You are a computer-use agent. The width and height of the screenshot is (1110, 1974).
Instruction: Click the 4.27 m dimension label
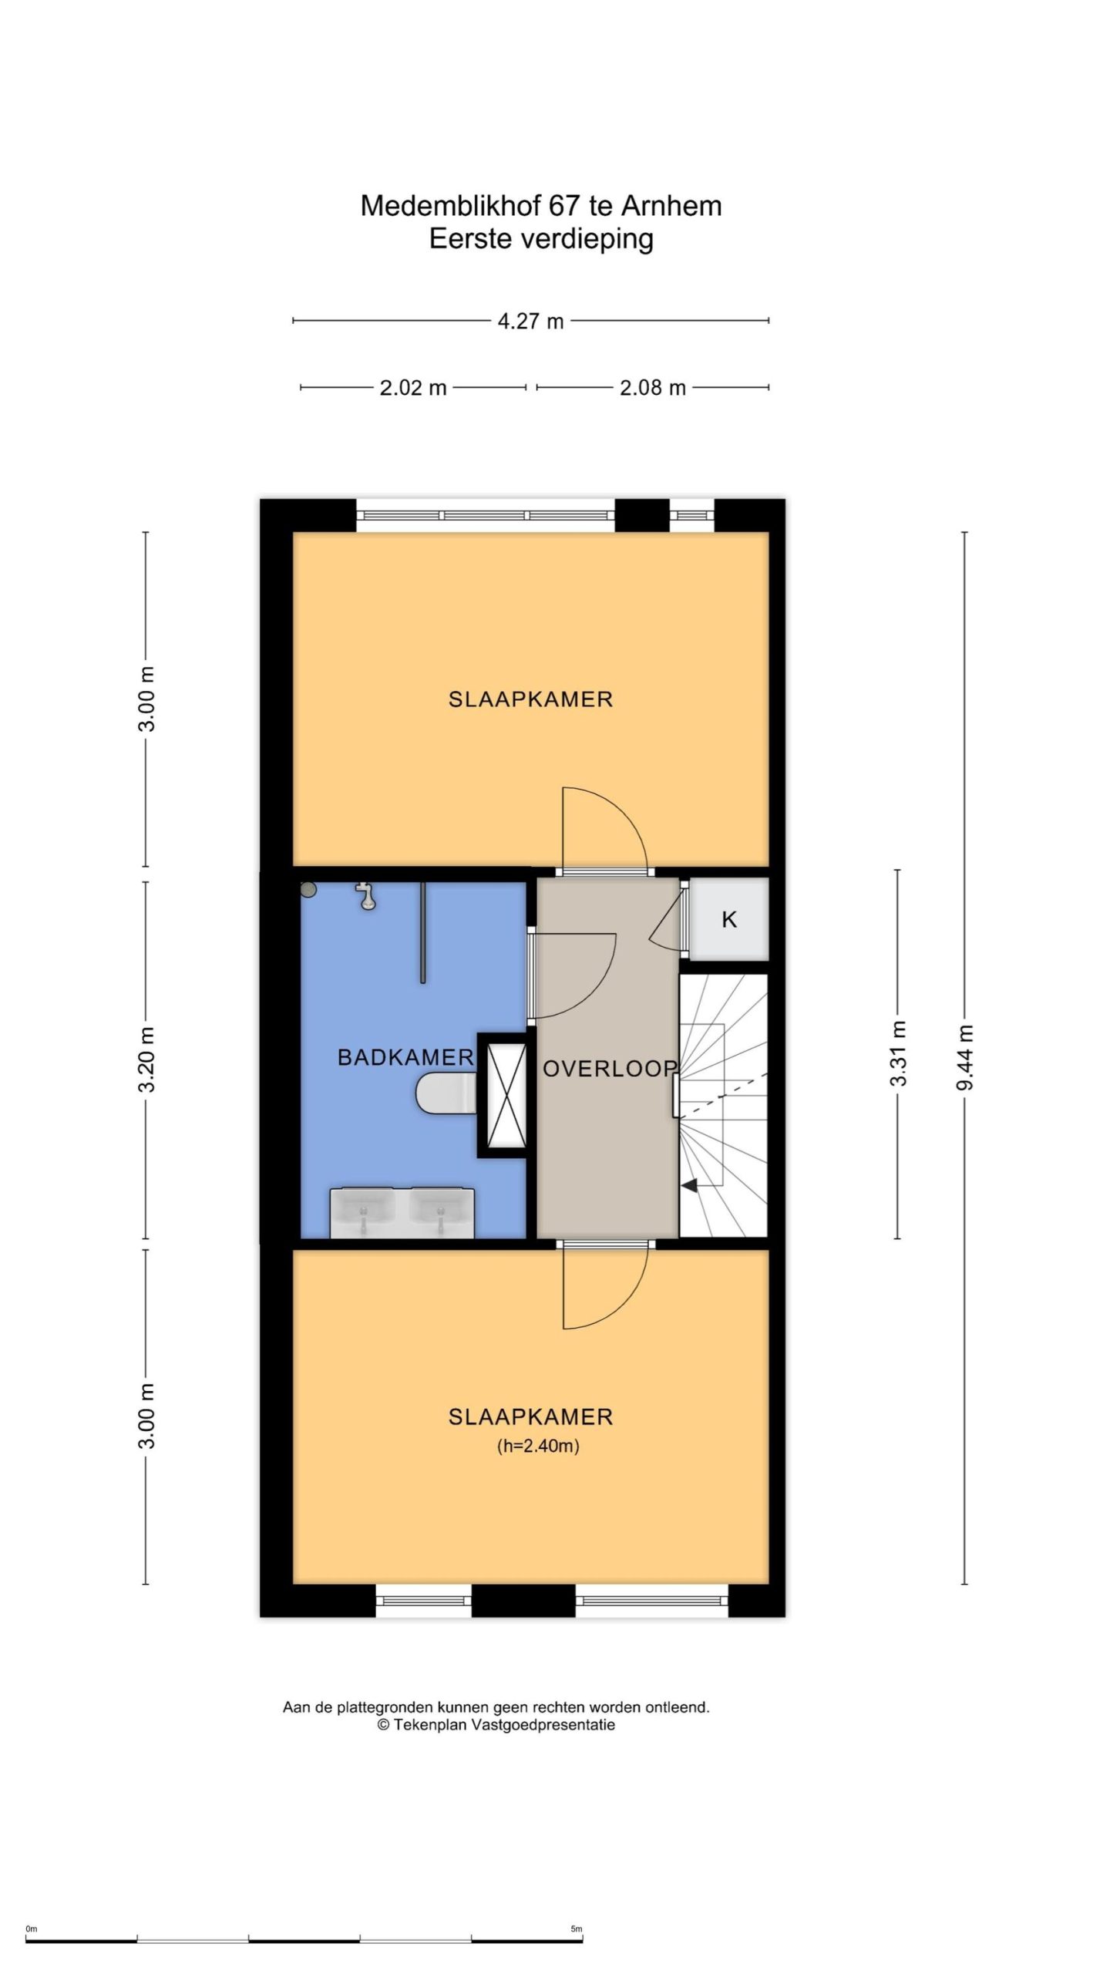pyautogui.click(x=530, y=321)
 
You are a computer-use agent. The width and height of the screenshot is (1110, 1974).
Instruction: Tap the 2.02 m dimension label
pyautogui.click(x=413, y=387)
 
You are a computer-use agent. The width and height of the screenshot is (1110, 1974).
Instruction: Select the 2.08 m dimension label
pyautogui.click(x=653, y=387)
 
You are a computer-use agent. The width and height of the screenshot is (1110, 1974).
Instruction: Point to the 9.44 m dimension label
pyautogui.click(x=965, y=1057)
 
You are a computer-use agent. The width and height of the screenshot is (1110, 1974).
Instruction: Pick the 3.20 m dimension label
pyautogui.click(x=147, y=1059)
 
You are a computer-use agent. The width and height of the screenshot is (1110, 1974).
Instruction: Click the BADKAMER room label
pyautogui.click(x=405, y=1057)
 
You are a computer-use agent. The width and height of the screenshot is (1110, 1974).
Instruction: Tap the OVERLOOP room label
pyautogui.click(x=610, y=1068)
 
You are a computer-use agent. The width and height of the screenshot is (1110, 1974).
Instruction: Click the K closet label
pyautogui.click(x=729, y=919)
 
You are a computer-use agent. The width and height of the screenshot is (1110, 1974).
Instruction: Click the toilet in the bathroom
pyautogui.click(x=446, y=1093)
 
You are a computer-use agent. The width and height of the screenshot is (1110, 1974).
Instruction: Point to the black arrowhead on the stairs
pyautogui.click(x=689, y=1187)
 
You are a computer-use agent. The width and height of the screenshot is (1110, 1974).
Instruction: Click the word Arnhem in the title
pyautogui.click(x=671, y=206)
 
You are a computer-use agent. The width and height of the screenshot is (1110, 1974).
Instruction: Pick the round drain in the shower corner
pyautogui.click(x=309, y=890)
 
